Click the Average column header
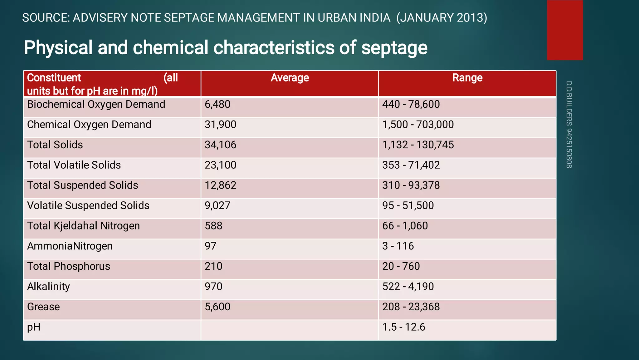[290, 78]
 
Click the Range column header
[467, 78]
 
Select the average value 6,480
[217, 104]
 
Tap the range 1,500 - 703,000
[418, 125]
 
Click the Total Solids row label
[55, 145]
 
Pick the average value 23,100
[220, 165]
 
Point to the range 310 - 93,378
[411, 185]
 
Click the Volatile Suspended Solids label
[88, 206]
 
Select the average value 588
[213, 226]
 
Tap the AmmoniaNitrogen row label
[70, 246]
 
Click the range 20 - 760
[401, 266]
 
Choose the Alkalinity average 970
[213, 287]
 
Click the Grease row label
[43, 307]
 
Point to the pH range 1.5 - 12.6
[403, 327]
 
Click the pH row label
[34, 327]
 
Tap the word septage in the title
[394, 48]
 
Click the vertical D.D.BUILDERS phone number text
[569, 125]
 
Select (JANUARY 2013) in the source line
[441, 18]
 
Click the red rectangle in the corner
[564, 30]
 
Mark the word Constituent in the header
[54, 78]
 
